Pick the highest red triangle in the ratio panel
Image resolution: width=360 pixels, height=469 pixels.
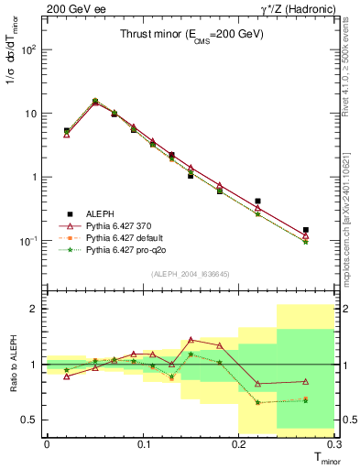click(x=191, y=339)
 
